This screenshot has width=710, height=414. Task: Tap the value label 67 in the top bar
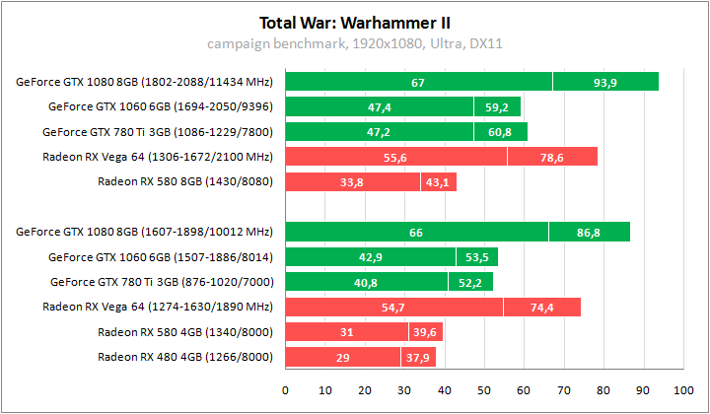click(418, 82)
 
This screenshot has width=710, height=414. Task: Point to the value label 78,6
click(552, 157)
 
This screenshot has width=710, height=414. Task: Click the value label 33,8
click(350, 181)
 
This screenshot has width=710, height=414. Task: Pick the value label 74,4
click(542, 308)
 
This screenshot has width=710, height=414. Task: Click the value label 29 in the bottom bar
click(342, 357)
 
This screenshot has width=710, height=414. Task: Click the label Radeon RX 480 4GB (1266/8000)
click(185, 357)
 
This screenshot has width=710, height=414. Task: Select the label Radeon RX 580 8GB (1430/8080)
click(185, 181)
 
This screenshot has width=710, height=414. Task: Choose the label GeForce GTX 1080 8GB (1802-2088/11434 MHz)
click(145, 82)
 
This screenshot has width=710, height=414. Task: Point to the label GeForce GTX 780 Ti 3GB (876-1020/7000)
click(162, 282)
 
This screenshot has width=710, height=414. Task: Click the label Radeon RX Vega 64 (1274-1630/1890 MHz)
click(158, 308)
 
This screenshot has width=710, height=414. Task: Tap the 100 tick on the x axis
click(682, 388)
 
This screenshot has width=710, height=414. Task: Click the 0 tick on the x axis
click(285, 388)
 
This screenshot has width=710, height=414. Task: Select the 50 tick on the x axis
click(483, 388)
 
